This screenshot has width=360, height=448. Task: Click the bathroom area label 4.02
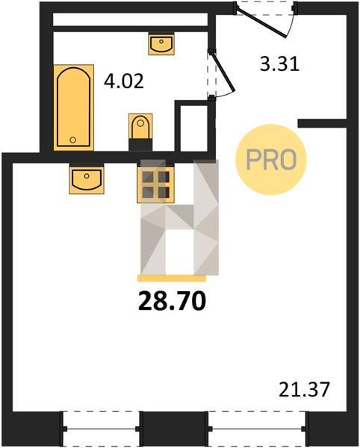pos(124,81)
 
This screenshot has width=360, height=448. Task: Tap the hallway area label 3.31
pos(279,64)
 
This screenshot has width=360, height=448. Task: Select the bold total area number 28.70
pos(172,302)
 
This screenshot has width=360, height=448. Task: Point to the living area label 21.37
pos(304,390)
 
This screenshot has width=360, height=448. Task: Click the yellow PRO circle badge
pos(270,160)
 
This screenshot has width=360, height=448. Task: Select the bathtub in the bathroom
pos(74,108)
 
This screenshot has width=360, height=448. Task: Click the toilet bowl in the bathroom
pos(140,126)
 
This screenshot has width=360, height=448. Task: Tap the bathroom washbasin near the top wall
pos(161,44)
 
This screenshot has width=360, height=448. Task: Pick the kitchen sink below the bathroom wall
pos(87,178)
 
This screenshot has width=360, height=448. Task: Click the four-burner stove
pos(156,184)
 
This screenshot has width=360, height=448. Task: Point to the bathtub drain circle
pos(73,140)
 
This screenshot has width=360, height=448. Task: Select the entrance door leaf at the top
pos(261,23)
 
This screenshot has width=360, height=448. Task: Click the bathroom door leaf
pos(224,72)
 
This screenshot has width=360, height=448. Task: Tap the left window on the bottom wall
pos(101,429)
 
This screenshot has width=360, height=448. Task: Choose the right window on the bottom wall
pos(257,429)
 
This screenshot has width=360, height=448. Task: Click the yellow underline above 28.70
pos(172,279)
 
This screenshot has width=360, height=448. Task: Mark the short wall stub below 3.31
pos(322,123)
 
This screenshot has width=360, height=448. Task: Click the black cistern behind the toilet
pos(140,145)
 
